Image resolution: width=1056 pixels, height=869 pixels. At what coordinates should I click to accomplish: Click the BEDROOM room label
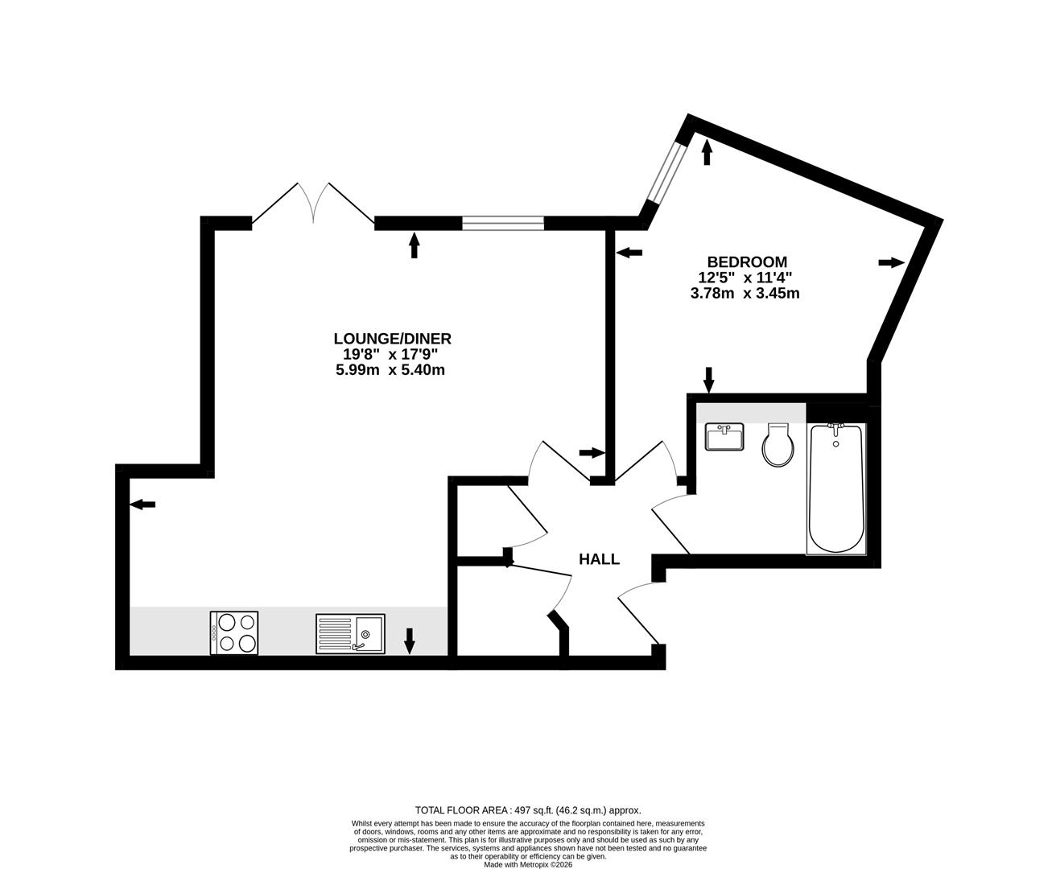coord(746,262)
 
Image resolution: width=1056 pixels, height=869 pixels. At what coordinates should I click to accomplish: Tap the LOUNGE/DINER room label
coord(392,339)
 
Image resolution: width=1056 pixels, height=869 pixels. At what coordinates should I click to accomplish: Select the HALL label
coord(600,559)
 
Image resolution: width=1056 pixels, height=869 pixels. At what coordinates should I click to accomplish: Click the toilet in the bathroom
coord(778,446)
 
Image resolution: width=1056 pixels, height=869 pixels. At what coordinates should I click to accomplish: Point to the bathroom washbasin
coord(725,438)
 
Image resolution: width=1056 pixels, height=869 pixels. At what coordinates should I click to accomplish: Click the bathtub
coord(835,488)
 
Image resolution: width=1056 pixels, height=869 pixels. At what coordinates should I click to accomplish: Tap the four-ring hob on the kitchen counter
coord(234,632)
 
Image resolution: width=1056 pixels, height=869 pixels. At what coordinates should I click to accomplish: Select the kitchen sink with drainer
coord(350,633)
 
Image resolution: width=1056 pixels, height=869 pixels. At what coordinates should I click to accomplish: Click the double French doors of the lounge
coord(313,204)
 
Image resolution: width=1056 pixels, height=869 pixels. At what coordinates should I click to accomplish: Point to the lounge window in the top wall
coord(503,223)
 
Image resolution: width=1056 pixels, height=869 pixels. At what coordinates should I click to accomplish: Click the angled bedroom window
coord(667,174)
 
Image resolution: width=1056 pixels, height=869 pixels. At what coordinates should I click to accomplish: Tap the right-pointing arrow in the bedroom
coord(891,262)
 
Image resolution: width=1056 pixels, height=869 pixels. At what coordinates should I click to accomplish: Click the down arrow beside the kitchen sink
coord(409,640)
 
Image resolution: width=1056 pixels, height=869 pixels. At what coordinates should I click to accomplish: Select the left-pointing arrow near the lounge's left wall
coord(143,505)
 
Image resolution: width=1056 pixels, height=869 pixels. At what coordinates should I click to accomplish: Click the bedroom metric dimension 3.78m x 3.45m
coord(745,294)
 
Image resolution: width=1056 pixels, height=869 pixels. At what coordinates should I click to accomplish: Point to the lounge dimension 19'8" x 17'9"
coord(391,355)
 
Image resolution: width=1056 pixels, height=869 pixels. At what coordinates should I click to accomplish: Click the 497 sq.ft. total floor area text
coord(527,810)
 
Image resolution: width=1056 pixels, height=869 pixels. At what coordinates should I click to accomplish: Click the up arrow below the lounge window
coord(415,245)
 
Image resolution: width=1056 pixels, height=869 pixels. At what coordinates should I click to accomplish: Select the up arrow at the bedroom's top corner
coord(707,152)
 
